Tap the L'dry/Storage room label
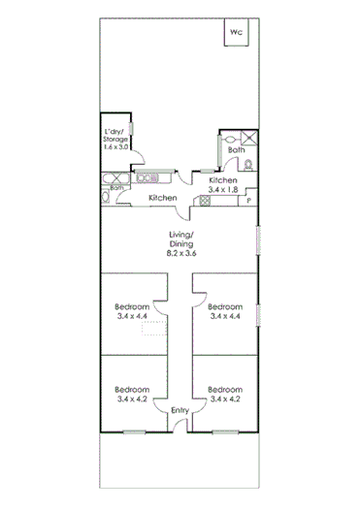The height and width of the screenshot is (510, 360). point(117,138)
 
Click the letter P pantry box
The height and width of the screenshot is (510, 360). point(249,201)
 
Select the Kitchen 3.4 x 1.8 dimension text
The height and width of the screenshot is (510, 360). point(224,190)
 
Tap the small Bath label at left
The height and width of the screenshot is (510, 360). point(116,187)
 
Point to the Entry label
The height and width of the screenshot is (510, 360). point(180,410)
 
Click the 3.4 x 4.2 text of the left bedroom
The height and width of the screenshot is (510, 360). point(132,398)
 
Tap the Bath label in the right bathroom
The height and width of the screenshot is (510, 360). point(236,150)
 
